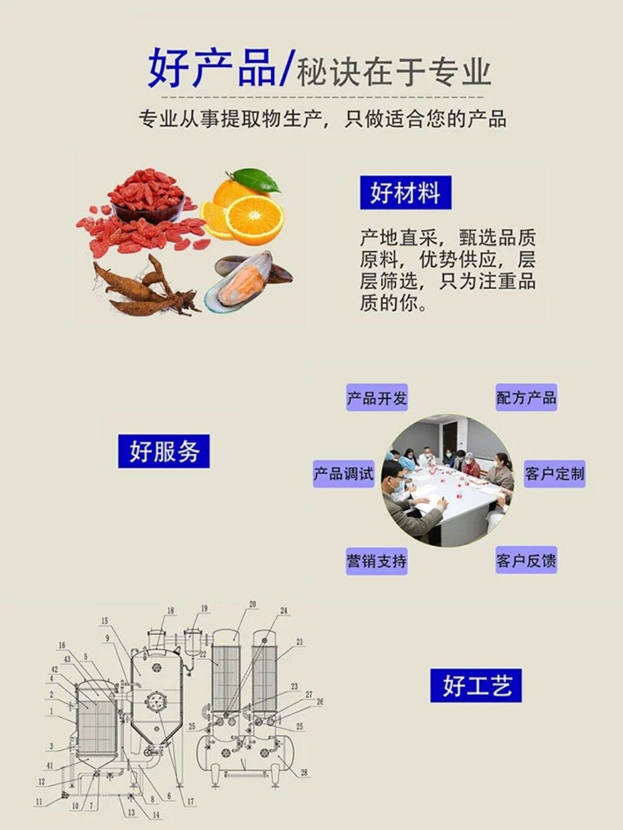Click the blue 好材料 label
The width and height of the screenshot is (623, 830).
coord(405,192)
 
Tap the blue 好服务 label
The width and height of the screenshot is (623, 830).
coord(164,451)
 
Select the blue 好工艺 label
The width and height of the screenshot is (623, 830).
coord(476,686)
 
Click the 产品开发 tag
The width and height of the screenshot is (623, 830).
coord(377,398)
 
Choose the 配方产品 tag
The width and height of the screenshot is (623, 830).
coord(526,397)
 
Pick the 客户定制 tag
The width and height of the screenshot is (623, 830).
coord(554,473)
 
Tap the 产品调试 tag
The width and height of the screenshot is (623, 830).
coord(343,473)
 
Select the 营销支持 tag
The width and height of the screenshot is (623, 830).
coord(376,561)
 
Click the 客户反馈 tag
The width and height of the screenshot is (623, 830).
coord(526,560)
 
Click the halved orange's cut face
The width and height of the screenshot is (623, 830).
coord(255,219)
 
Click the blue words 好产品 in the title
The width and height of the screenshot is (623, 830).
coord(212,68)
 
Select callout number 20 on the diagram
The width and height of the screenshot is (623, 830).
coord(252,604)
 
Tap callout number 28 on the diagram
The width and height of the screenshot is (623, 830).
coord(304,773)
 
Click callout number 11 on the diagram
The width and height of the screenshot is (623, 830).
coord(39,802)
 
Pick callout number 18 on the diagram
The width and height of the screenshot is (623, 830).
coord(171,611)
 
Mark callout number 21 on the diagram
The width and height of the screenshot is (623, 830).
coord(300,642)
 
